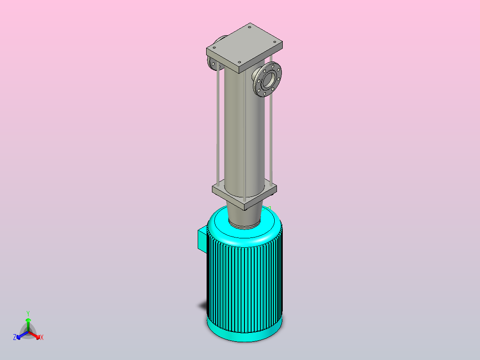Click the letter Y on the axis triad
point(28,313)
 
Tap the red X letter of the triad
point(42,337)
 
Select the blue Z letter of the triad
point(15,337)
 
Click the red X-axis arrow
point(34,335)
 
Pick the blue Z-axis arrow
point(22,335)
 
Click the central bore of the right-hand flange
point(268,79)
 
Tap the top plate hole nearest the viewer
point(240,62)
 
